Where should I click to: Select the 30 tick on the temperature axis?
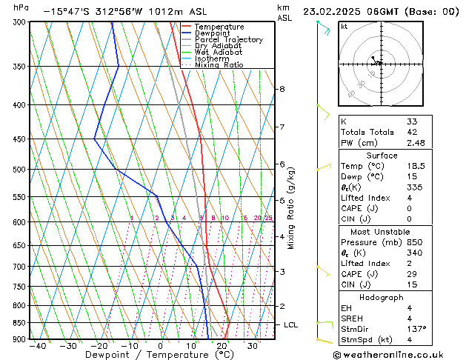tap(253, 346)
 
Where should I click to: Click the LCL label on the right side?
tap(291, 325)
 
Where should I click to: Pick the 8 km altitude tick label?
tap(282, 89)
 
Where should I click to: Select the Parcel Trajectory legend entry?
tap(228, 40)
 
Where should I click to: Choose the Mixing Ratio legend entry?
tap(219, 65)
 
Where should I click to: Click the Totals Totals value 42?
tap(412, 132)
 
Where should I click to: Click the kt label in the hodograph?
tap(344, 27)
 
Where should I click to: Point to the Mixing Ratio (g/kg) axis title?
tap(291, 208)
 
